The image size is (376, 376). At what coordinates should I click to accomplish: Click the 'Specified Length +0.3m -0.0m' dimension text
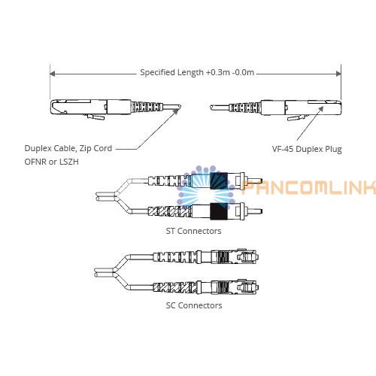tap(197, 72)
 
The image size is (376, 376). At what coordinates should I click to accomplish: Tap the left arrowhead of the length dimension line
tap(53, 74)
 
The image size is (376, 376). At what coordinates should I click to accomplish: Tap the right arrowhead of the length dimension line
tap(338, 74)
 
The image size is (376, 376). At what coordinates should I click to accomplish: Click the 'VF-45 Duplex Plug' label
tap(307, 149)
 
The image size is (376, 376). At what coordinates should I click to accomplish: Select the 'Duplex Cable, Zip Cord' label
tap(68, 148)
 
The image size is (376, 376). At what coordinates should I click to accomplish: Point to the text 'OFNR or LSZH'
tap(51, 162)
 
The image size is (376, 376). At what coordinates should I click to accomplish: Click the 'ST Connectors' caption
tap(193, 231)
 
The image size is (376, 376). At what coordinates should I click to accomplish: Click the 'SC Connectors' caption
tap(194, 305)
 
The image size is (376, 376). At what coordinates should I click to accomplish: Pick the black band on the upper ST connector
tap(219, 180)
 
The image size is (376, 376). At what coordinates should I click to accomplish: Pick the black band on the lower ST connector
tap(219, 211)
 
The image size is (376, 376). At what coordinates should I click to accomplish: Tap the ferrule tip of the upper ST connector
tap(261, 181)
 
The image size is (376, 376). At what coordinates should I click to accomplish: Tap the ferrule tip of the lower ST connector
tap(261, 211)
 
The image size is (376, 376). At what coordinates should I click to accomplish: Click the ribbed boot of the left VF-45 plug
tap(146, 107)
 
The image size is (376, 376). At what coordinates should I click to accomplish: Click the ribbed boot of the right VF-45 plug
tap(245, 107)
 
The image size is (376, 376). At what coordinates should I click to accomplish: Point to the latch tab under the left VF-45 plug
tap(95, 117)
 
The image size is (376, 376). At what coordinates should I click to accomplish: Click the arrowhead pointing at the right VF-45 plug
tap(321, 109)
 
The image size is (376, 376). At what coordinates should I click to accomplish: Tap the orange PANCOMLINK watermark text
tap(309, 186)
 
